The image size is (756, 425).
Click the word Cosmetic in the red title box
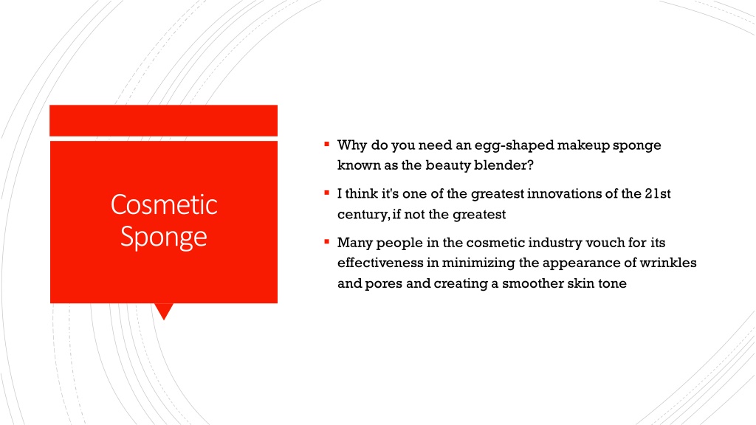(x=164, y=204)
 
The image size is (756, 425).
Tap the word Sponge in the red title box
(x=164, y=237)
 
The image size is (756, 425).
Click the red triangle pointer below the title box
(x=164, y=311)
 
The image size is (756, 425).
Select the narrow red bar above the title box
(x=163, y=120)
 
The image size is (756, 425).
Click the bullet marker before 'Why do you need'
(x=327, y=144)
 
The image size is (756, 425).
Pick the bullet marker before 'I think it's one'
(x=327, y=193)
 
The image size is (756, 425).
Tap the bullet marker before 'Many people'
(x=327, y=241)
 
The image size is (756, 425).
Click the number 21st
(x=658, y=194)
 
